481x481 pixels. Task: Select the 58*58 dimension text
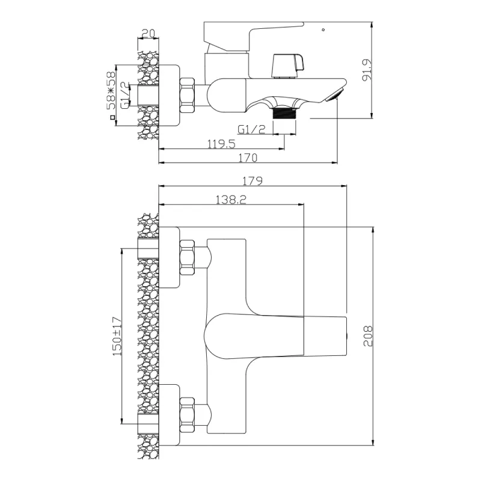(x=111, y=90)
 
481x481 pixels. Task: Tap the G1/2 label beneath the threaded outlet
(x=251, y=129)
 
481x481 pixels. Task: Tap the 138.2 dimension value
(x=230, y=200)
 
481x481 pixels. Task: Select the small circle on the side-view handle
(x=323, y=29)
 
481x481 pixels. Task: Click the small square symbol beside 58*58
(x=111, y=118)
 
